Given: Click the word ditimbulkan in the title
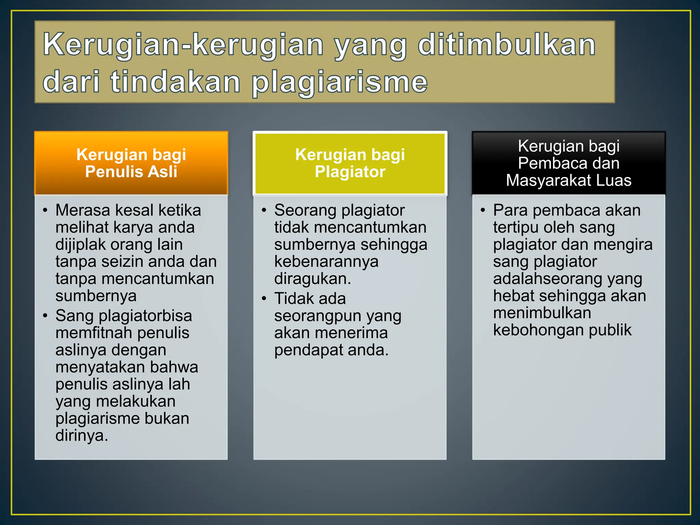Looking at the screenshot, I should click(507, 45).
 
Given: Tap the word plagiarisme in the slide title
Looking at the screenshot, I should click(339, 82).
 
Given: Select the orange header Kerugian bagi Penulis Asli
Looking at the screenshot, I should click(131, 163).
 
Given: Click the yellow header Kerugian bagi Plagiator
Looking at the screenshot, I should click(350, 163).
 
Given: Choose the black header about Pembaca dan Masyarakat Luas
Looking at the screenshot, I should click(568, 163).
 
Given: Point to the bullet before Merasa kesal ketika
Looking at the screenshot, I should click(45, 210).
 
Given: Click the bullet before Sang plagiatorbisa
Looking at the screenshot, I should click(45, 315).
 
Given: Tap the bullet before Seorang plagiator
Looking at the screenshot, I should click(264, 210).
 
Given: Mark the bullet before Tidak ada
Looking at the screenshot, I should click(264, 298).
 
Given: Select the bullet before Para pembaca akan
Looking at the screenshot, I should click(483, 210).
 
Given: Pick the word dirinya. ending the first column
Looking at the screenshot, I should click(82, 435).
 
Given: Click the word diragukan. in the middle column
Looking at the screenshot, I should click(312, 279).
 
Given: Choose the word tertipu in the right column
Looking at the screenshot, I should click(515, 228).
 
